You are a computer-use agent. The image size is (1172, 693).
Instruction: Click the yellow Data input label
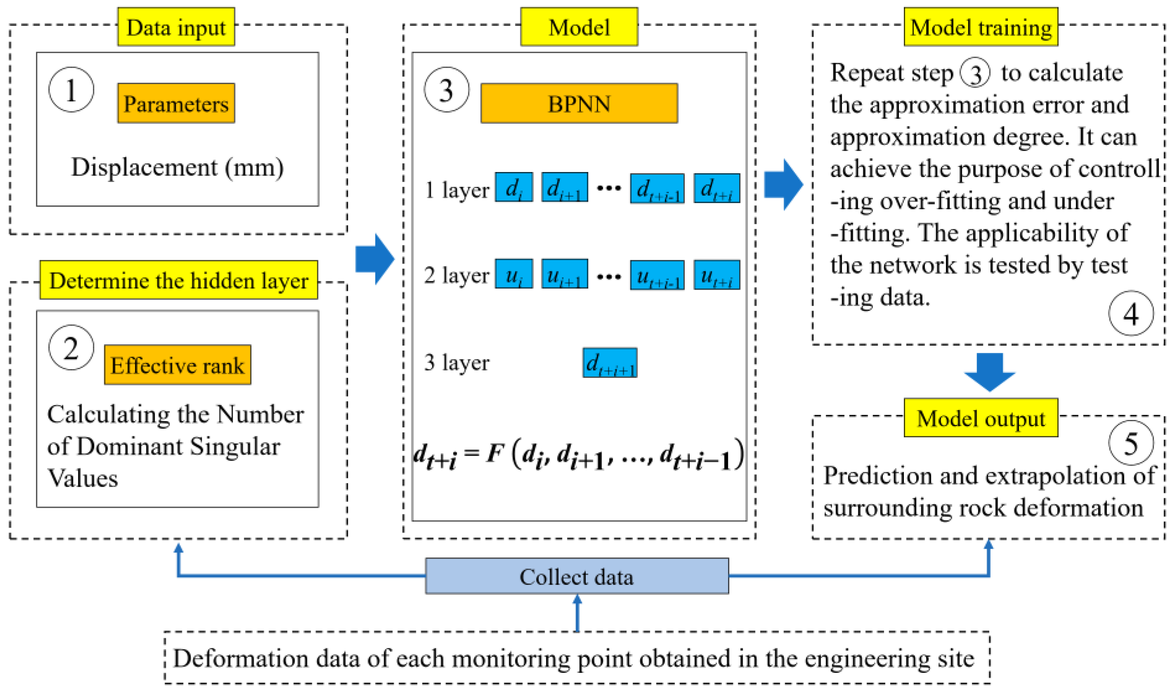click(x=176, y=27)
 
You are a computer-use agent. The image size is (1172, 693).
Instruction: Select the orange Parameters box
click(x=176, y=103)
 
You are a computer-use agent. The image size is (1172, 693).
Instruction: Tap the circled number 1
click(x=71, y=90)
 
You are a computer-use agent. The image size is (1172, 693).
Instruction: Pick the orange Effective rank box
click(x=177, y=365)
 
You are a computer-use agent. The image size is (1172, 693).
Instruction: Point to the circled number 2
click(x=71, y=348)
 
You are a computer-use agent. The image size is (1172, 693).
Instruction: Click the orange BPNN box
click(x=579, y=103)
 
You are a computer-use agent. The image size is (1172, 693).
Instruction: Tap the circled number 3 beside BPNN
click(x=446, y=90)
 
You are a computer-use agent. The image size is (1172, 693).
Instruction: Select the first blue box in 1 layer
click(x=514, y=188)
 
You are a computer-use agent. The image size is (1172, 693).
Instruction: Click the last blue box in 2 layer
click(x=717, y=275)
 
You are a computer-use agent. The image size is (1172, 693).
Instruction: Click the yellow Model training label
click(x=981, y=27)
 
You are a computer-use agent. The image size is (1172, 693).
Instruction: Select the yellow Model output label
click(x=981, y=418)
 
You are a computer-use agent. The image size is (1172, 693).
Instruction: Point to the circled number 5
click(x=1130, y=443)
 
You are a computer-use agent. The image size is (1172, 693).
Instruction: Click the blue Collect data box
click(x=577, y=576)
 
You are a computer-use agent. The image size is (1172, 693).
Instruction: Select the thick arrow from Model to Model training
click(x=783, y=184)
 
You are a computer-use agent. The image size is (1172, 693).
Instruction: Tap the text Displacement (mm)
click(x=177, y=167)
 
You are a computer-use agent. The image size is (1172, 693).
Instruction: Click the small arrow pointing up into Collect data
click(x=577, y=612)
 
